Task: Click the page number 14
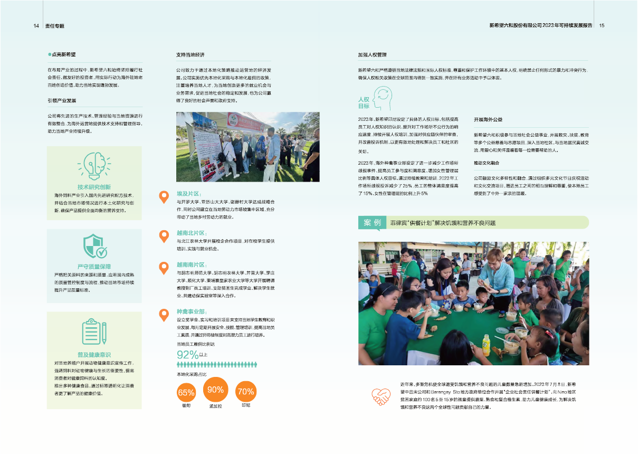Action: point(36,25)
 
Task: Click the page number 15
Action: point(602,25)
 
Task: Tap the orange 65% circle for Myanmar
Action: point(186,392)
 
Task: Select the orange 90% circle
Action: point(215,390)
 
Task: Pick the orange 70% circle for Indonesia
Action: point(246,392)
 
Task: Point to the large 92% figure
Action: point(187,354)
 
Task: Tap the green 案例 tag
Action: point(373,223)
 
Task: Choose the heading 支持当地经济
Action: point(190,55)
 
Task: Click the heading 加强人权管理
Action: point(373,55)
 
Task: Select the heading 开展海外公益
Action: point(488,120)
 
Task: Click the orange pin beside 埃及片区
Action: point(164,197)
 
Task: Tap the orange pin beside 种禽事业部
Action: point(164,315)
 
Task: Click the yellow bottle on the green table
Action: point(486,345)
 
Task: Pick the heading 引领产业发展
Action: point(62,100)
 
